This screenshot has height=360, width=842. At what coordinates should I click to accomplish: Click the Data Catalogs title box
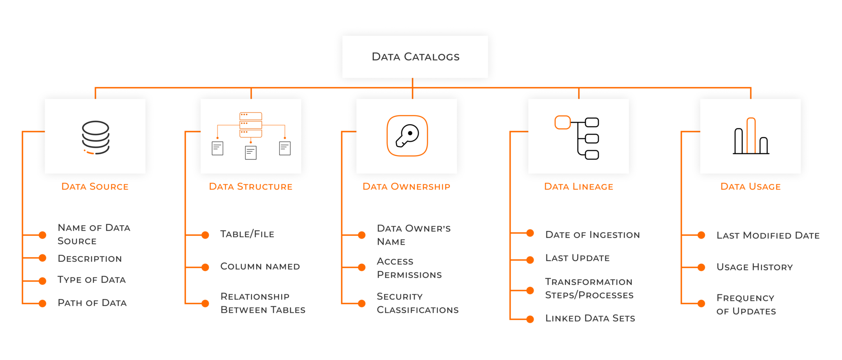415,57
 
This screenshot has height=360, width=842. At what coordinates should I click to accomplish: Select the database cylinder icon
95,137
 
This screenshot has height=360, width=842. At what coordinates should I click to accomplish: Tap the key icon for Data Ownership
407,136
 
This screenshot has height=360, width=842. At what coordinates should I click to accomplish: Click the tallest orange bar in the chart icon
751,136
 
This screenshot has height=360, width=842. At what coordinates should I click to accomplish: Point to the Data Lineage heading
578,187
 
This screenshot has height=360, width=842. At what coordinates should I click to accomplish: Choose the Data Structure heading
250,187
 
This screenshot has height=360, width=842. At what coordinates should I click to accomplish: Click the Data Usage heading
750,187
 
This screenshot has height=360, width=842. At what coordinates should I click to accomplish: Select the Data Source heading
95,187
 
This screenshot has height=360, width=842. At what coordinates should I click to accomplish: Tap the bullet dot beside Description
42,258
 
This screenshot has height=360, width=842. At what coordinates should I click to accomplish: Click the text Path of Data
92,303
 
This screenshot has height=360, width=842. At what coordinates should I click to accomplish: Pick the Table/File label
247,234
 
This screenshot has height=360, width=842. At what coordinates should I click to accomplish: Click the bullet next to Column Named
205,268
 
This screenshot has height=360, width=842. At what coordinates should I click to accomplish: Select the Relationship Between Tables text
263,303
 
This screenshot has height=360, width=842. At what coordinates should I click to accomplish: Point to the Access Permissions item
409,268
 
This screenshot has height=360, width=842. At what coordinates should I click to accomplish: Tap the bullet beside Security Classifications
362,304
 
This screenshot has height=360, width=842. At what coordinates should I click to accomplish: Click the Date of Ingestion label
592,235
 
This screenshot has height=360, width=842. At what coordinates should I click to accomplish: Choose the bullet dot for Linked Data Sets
530,319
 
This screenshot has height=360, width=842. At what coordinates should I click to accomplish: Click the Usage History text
754,267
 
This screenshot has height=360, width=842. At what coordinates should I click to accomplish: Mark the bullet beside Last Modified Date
701,235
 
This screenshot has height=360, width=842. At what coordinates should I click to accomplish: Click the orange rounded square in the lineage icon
562,122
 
